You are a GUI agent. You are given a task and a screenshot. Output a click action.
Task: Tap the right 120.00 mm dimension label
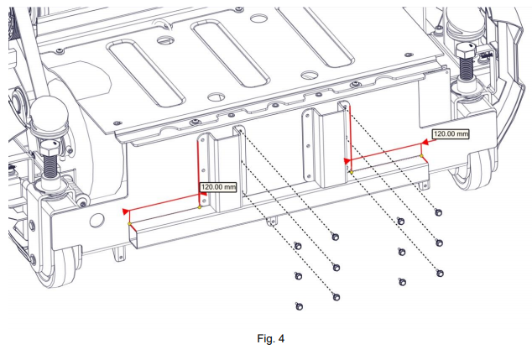(451, 133)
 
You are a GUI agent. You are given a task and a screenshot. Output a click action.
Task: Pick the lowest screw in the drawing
(298, 305)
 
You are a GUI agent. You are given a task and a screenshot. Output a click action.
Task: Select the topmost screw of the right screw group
(439, 211)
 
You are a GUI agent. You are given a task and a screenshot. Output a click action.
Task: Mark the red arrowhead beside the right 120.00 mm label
(425, 143)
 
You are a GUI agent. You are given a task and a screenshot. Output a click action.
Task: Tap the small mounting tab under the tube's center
(270, 222)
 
